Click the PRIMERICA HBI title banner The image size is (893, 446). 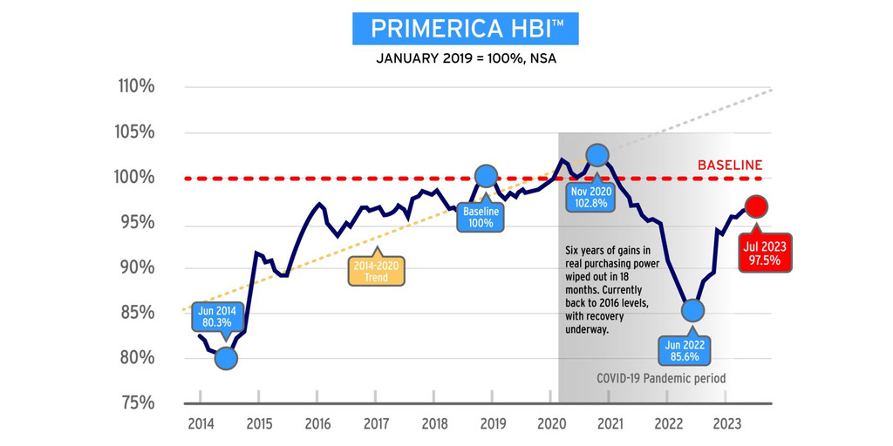click(x=465, y=28)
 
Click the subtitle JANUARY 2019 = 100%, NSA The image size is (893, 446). click(x=465, y=59)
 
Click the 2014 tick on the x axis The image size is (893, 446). click(x=201, y=424)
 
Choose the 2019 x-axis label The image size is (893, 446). click(x=493, y=424)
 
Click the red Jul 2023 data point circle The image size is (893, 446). click(x=757, y=206)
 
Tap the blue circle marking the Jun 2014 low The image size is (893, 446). click(x=226, y=357)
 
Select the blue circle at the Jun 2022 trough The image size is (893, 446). click(x=692, y=309)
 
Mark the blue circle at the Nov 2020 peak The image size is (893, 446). click(x=597, y=155)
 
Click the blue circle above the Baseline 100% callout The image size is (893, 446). click(x=487, y=176)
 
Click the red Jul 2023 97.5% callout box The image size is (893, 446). click(x=765, y=253)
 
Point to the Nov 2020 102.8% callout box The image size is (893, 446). click(x=592, y=196)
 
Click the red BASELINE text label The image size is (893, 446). click(x=730, y=165)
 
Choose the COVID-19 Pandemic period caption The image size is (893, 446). click(x=661, y=379)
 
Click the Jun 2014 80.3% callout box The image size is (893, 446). click(x=218, y=318)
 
